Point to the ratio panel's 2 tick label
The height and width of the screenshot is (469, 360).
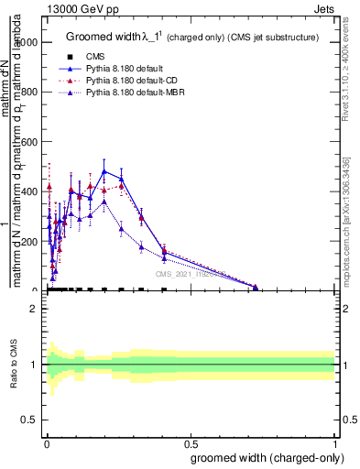coord(34,309)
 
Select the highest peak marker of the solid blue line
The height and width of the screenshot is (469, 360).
coord(104,171)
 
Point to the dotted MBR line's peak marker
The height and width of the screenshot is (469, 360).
coord(104,202)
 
